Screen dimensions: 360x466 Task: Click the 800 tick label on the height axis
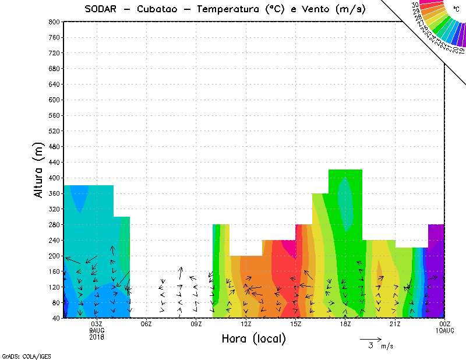click(x=55, y=22)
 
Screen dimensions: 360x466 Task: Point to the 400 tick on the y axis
click(x=55, y=178)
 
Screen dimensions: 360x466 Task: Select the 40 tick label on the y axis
click(x=57, y=319)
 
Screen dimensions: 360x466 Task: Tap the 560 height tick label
click(x=55, y=115)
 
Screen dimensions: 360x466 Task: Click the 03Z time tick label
click(x=97, y=324)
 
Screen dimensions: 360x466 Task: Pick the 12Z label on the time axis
click(x=246, y=324)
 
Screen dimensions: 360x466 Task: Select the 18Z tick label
click(x=345, y=324)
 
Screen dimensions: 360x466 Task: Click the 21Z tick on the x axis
click(x=395, y=324)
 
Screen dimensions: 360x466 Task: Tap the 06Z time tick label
click(x=146, y=324)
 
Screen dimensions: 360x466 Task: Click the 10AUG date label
click(x=444, y=330)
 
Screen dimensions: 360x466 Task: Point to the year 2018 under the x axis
click(x=97, y=336)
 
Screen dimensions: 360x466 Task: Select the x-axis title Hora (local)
click(x=253, y=338)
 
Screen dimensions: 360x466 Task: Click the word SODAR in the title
click(x=102, y=9)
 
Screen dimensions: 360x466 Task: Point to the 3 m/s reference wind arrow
click(x=370, y=338)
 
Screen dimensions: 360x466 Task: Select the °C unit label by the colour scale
click(x=456, y=9)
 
